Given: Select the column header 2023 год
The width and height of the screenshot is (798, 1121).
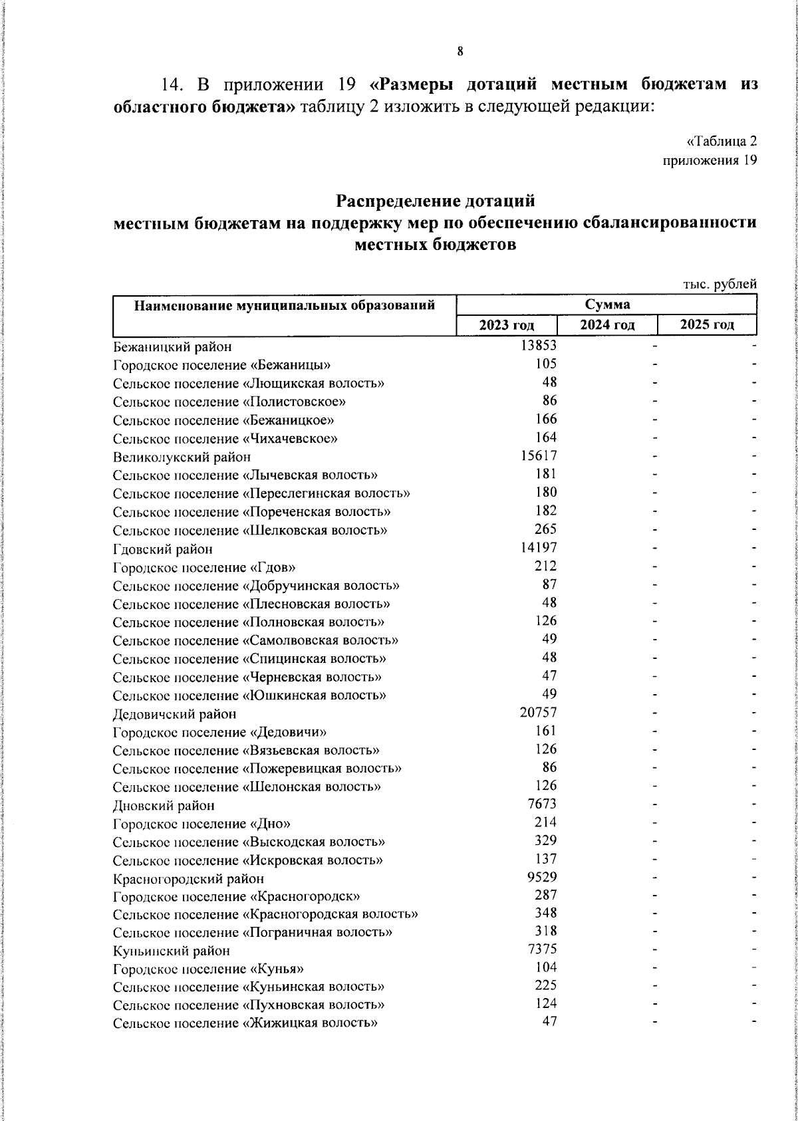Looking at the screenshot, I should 507,325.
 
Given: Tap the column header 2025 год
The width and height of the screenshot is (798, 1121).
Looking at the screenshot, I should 707,325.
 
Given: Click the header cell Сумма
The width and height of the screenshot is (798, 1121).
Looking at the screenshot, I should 607,305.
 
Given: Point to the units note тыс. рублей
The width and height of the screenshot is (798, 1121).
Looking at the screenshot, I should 720,284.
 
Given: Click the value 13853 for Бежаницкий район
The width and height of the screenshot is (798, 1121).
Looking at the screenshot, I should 538,345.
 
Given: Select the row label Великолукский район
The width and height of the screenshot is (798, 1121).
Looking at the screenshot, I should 182,457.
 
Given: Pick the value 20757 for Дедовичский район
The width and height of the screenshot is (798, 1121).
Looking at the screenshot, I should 538,713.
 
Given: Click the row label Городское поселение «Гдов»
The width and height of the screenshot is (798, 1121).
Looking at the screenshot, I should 204,567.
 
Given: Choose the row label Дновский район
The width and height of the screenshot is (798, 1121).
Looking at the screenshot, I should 164,805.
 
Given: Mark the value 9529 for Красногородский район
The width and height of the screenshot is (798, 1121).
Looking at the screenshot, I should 541,877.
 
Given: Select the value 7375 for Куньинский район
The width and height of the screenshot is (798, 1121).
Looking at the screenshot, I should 541,949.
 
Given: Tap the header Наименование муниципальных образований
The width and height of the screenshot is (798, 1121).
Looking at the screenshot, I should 285,306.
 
